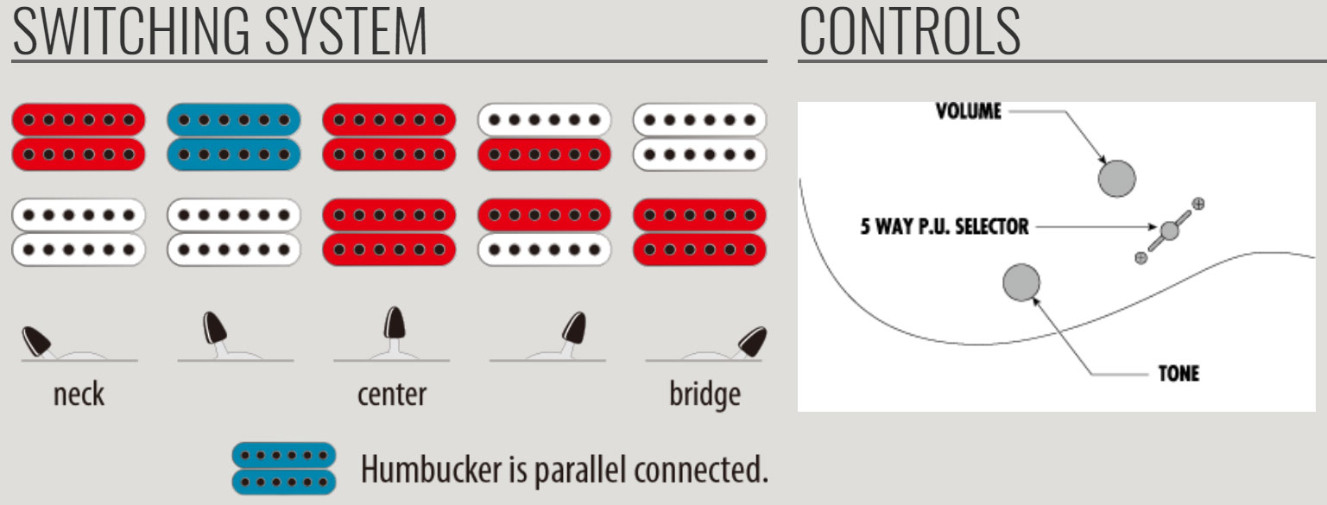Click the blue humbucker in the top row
pyautogui.click(x=233, y=136)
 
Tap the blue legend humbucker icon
pyautogui.click(x=283, y=468)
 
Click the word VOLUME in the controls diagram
pyautogui.click(x=969, y=111)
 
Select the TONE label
pyautogui.click(x=1179, y=374)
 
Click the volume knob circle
pyautogui.click(x=1116, y=179)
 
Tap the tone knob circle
pyautogui.click(x=1021, y=282)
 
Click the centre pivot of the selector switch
pyautogui.click(x=1169, y=230)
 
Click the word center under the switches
pyautogui.click(x=391, y=395)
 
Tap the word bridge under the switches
pyautogui.click(x=705, y=395)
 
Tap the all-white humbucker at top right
pyautogui.click(x=700, y=136)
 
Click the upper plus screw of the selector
pyautogui.click(x=1197, y=204)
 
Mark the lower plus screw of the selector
pyautogui.click(x=1141, y=257)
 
